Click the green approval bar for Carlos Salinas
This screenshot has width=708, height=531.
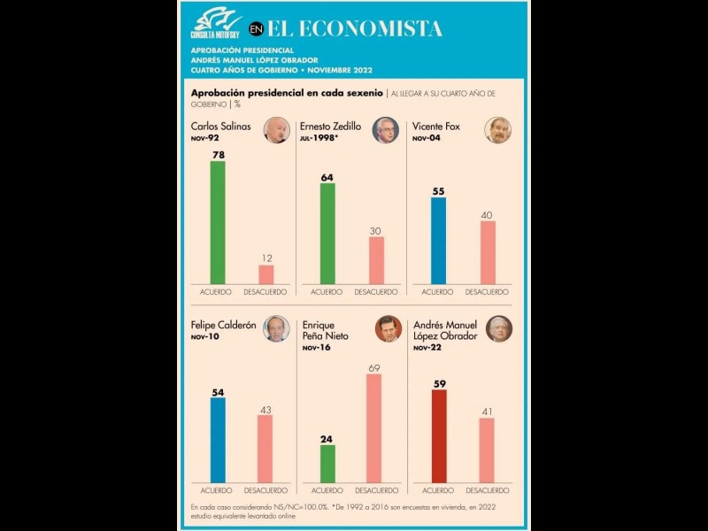point(217,222)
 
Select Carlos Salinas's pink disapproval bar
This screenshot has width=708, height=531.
point(265,273)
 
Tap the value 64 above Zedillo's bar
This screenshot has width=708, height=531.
point(327,176)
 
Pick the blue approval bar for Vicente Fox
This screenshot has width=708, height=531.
point(438,240)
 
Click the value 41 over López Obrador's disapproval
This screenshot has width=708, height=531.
point(486,411)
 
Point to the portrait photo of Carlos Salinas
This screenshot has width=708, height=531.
point(276,130)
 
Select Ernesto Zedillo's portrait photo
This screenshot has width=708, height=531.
point(385,130)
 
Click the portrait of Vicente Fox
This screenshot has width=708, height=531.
point(497,130)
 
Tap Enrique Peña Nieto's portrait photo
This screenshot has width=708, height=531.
point(388,329)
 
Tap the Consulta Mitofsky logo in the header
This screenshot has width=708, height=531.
point(215,23)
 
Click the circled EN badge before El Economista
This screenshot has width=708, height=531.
point(256,28)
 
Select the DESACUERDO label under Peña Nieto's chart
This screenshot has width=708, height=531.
point(375,490)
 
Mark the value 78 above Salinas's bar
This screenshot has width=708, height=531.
point(217,155)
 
